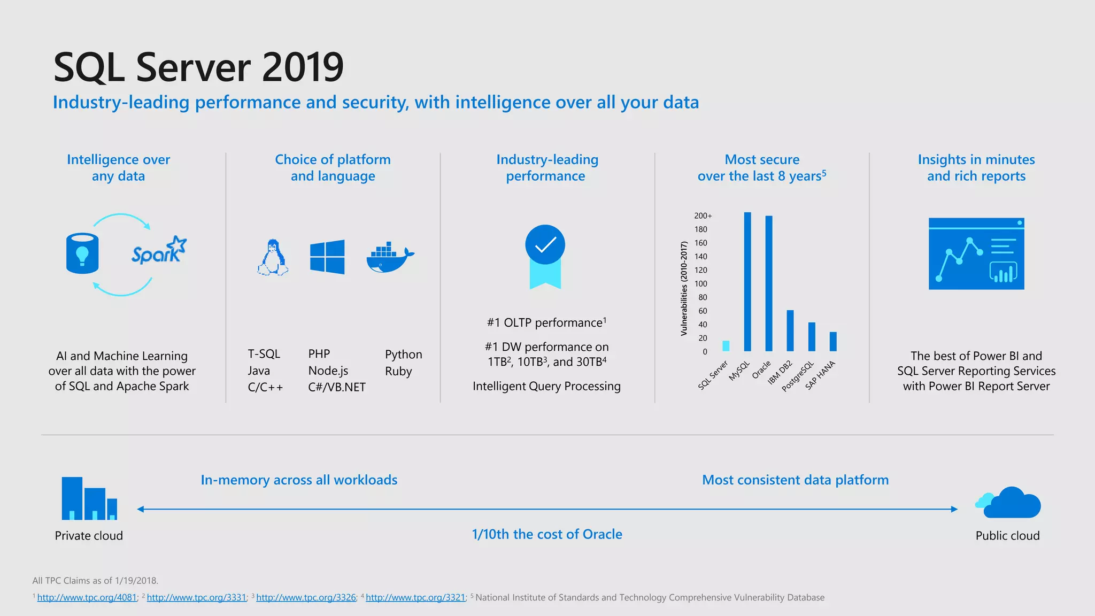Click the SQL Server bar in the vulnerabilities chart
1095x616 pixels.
coord(726,345)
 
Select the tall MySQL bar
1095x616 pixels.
coord(747,282)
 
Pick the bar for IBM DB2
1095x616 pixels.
coord(790,330)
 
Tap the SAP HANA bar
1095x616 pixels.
coord(833,341)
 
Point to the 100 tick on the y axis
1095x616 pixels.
coord(701,284)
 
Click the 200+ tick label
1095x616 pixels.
coord(703,216)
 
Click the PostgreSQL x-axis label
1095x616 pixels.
coord(798,376)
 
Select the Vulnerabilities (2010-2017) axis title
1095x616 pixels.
coord(684,289)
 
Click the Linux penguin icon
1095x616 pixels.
coord(273,257)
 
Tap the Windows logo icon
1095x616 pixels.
coord(327,257)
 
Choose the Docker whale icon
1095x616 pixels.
coord(390,257)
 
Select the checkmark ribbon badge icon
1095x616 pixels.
coord(545,256)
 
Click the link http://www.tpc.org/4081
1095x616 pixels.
coord(87,597)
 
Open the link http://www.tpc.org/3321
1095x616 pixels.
coord(415,597)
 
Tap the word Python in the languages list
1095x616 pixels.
coord(403,355)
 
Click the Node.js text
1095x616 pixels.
coord(328,371)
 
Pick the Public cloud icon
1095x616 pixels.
coord(1008,503)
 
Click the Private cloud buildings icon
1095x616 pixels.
coord(89,498)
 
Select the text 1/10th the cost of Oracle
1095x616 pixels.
coord(546,534)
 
